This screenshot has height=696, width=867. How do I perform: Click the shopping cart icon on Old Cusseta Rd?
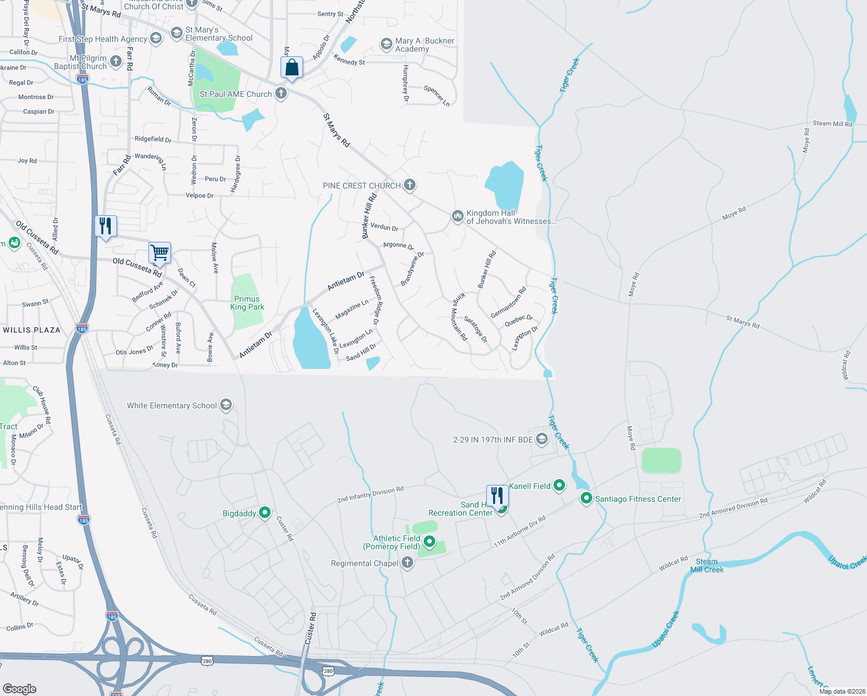coord(159,253)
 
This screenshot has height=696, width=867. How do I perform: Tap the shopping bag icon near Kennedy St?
coord(292,68)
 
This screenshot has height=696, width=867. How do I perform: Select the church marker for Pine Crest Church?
coord(410,185)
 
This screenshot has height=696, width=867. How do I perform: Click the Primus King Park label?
coord(247,303)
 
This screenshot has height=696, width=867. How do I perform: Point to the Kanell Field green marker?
coord(559,485)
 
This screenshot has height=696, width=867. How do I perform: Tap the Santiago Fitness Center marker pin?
coord(586,498)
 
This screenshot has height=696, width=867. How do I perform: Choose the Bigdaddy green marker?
coord(265,512)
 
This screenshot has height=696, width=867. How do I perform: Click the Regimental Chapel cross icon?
coord(407,563)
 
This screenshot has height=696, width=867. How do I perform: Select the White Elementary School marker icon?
coord(227,405)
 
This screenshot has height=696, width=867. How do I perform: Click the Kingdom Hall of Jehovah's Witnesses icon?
coord(458,216)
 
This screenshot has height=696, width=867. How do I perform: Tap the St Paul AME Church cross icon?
coord(281,93)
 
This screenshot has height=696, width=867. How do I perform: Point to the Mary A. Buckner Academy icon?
coord(386,44)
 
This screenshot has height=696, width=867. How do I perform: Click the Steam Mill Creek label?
coord(706,565)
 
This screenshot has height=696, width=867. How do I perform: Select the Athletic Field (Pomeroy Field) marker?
coord(429,542)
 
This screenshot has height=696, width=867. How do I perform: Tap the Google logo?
coord(19,688)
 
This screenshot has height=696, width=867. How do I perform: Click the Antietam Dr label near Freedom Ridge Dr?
coord(345,281)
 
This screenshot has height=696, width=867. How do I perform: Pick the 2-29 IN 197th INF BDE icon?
coord(542,439)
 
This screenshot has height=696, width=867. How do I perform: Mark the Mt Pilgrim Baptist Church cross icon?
coord(116,61)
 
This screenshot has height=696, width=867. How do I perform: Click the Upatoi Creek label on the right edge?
coord(847,562)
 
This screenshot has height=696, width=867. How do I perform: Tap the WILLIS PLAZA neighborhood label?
coord(32,330)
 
